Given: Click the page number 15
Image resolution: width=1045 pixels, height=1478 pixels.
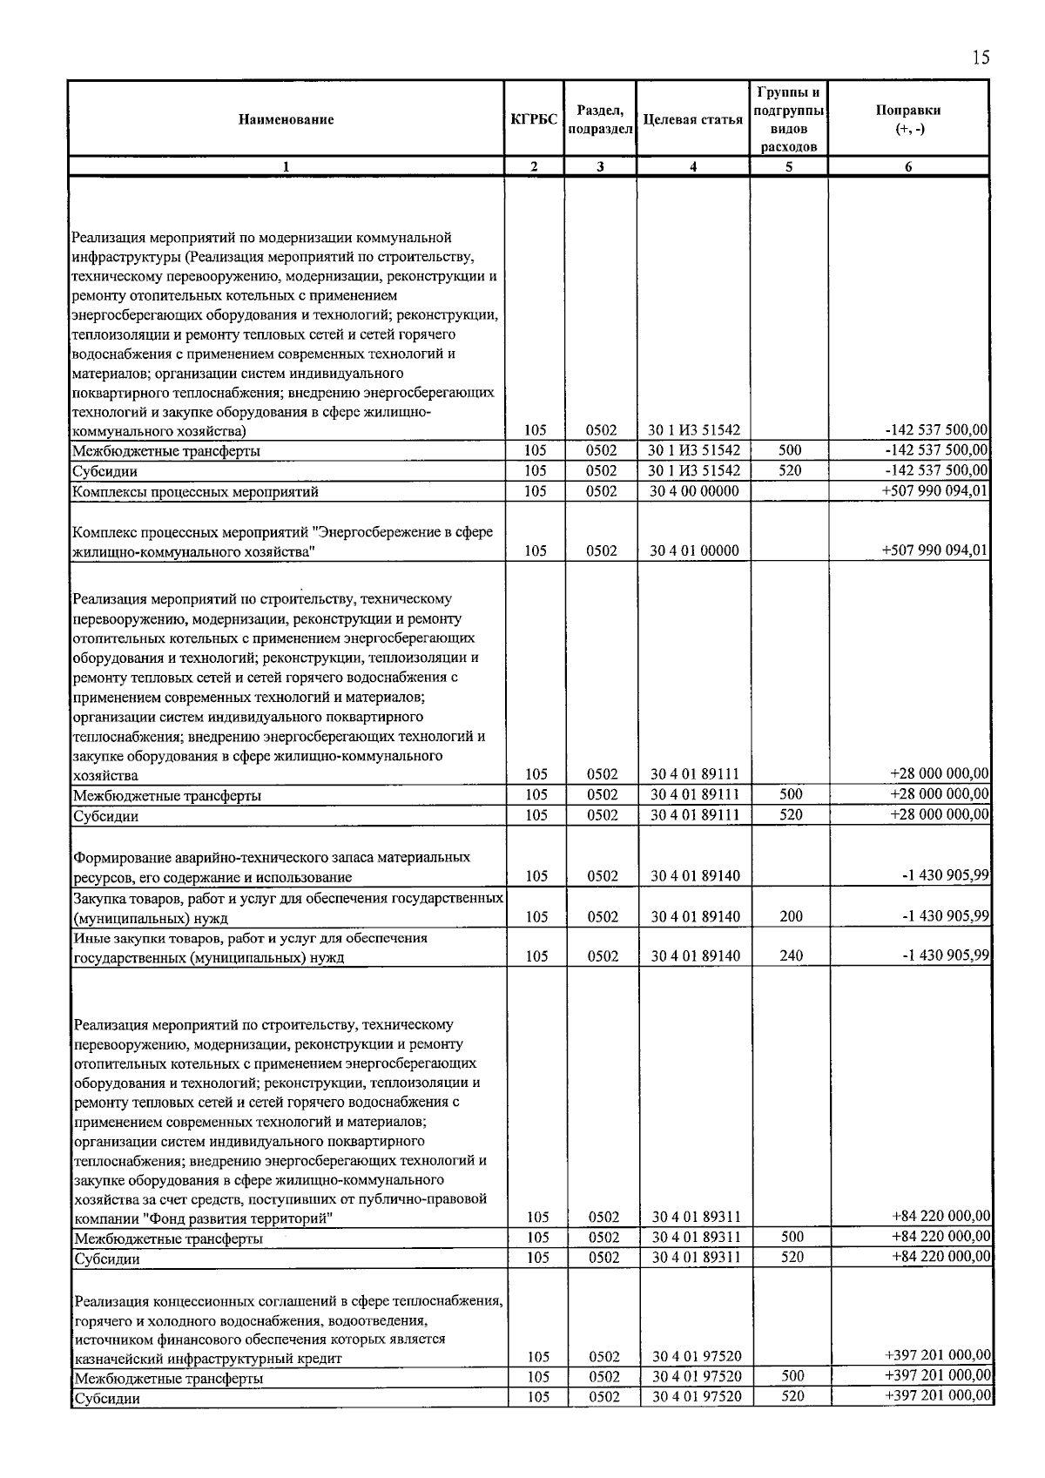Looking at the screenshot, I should pos(980,58).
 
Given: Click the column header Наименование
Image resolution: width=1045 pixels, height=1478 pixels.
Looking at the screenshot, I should pos(286,120).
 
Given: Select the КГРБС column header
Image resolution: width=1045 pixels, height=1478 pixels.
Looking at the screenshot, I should pos(534,120).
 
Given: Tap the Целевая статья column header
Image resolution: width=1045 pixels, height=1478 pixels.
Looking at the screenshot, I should pos(692,120).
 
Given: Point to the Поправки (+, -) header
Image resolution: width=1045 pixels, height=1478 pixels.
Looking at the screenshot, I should pos(907,120).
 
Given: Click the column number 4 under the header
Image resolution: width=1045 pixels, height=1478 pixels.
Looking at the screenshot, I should pos(692,167).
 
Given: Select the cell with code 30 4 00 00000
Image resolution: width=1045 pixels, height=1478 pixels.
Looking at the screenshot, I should pos(694,491).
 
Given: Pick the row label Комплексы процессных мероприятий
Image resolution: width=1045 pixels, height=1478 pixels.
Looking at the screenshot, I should pos(195,492).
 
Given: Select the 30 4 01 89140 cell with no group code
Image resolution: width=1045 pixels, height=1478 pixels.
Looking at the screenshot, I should pos(695,876).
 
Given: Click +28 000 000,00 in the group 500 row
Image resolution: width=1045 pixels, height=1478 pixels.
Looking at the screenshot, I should pos(939,794).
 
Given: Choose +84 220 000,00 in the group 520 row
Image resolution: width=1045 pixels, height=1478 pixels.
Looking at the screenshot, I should pos(940,1257).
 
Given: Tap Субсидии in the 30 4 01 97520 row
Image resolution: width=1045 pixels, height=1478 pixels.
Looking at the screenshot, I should pos(106,1398).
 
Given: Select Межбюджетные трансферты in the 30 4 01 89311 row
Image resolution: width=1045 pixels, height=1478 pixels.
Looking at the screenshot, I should pos(168,1238).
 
